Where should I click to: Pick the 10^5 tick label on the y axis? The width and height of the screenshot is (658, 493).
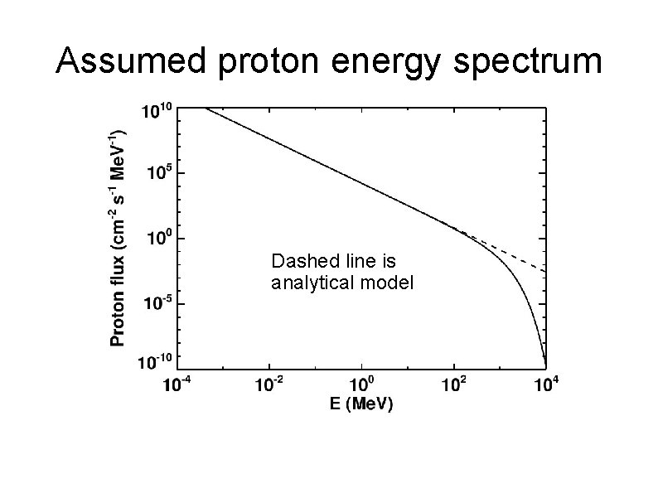click(x=158, y=173)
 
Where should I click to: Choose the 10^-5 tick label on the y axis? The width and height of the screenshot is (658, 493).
click(x=157, y=303)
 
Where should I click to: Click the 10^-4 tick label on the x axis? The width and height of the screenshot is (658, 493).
click(x=177, y=385)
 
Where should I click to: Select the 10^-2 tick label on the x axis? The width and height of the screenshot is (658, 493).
click(x=269, y=385)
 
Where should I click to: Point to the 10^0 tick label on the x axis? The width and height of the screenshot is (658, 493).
click(x=361, y=385)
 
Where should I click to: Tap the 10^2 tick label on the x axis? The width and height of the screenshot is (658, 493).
click(x=453, y=385)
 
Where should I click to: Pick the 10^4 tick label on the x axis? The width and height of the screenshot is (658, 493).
click(x=544, y=385)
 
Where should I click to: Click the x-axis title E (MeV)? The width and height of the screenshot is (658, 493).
click(x=359, y=405)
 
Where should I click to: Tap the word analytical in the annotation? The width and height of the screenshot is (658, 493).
click(x=308, y=283)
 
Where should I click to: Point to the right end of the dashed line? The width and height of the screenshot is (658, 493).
click(x=544, y=270)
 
